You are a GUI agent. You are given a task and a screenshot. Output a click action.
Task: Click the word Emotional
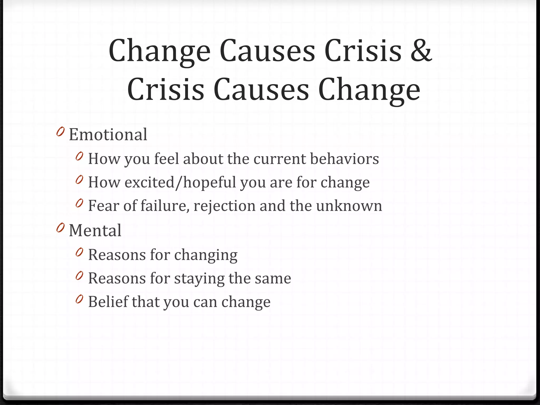(x=108, y=134)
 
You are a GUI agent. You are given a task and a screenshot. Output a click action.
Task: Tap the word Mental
(x=95, y=230)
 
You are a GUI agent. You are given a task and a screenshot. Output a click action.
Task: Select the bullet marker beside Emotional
(x=60, y=131)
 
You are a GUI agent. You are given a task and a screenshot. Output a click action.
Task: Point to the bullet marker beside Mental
(x=60, y=227)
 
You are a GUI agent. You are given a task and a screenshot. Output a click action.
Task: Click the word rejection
(x=224, y=206)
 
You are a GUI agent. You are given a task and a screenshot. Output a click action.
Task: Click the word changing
(x=206, y=255)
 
